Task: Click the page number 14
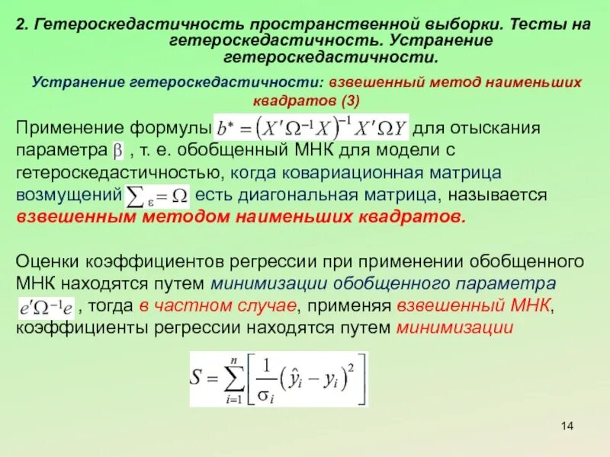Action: (x=566, y=424)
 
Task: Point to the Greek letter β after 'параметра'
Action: (x=118, y=149)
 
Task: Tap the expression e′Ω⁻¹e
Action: (x=46, y=307)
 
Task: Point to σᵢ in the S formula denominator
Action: (x=268, y=393)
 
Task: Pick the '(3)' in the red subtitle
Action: (x=350, y=101)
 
